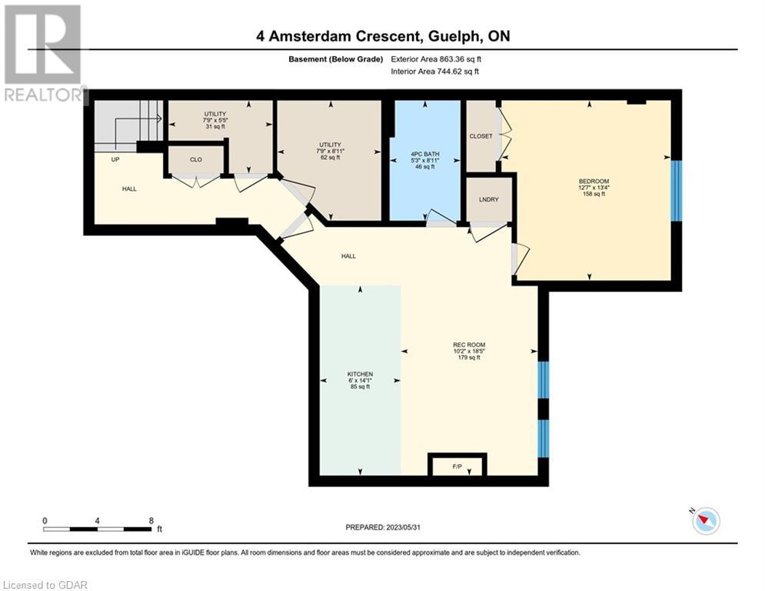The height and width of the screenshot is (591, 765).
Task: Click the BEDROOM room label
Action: click(594, 181)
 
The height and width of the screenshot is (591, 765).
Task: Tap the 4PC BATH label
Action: click(425, 154)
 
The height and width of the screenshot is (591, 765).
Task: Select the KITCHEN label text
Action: click(360, 374)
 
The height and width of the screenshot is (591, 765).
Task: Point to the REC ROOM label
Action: click(469, 345)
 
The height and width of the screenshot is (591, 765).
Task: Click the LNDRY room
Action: click(489, 199)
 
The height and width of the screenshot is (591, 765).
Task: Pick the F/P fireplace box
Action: click(457, 465)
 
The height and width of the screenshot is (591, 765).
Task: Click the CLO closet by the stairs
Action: click(195, 159)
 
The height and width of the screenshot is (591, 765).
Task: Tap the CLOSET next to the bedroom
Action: click(481, 135)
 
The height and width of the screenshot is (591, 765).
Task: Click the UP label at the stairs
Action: click(115, 160)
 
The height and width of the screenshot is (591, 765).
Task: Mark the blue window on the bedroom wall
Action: click(677, 191)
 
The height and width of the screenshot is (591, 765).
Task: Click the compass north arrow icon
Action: click(706, 521)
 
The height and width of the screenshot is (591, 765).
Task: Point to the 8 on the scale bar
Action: click(151, 521)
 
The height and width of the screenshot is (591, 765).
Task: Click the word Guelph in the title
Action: click(454, 37)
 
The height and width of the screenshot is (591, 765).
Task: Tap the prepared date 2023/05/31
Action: click(404, 527)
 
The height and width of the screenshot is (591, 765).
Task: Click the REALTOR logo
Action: click(43, 54)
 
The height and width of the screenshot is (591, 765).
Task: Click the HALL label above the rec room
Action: click(348, 256)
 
